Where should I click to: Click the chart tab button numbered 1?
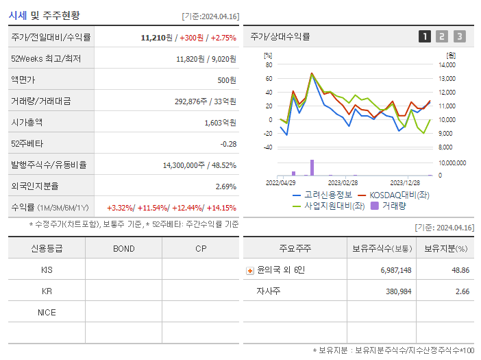point(425,36)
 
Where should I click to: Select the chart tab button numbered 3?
point(459,36)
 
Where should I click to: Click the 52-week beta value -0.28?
point(228,143)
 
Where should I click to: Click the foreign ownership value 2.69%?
point(225,186)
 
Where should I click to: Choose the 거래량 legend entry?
point(393,205)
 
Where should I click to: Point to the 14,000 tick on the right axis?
point(446,64)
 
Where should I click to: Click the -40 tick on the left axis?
point(267,147)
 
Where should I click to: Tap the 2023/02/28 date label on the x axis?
point(343,182)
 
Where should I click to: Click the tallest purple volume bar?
point(312,167)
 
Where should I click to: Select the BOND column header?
point(123,248)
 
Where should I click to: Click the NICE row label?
point(47,312)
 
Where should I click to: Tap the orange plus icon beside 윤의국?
point(249,270)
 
